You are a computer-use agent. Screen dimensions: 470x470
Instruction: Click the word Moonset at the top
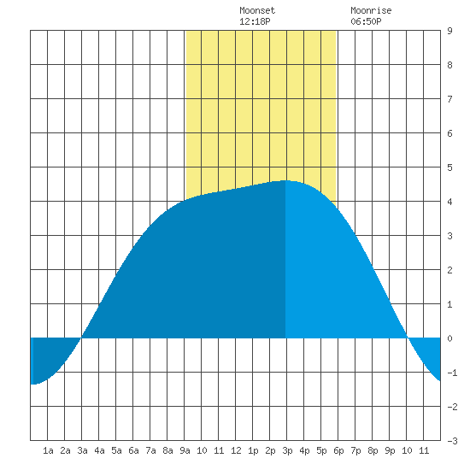[x=257, y=10]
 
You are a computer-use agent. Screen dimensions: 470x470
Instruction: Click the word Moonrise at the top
[x=371, y=10]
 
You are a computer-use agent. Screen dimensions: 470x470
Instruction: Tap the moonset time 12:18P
[x=255, y=21]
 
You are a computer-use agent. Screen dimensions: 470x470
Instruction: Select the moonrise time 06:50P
[x=366, y=21]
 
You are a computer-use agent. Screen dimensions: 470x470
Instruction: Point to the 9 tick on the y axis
[x=449, y=31]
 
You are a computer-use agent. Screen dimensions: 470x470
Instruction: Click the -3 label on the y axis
[x=452, y=441]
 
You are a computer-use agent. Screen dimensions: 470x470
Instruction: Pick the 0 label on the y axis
[x=449, y=338]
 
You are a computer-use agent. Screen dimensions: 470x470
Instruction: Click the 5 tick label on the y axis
[x=449, y=167]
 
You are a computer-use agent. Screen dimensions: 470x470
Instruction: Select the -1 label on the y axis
[x=452, y=373]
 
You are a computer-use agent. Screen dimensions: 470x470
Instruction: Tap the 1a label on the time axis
[x=48, y=450]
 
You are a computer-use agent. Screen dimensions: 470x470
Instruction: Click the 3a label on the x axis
[x=82, y=450]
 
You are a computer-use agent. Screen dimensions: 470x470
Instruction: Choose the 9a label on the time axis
[x=185, y=450]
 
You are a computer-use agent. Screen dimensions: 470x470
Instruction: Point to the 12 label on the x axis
[x=236, y=450]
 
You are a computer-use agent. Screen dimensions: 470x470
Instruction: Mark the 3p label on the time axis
[x=287, y=450]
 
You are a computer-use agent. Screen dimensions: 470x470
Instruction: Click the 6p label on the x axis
[x=338, y=450]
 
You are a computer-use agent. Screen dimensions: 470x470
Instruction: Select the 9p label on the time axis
[x=390, y=450]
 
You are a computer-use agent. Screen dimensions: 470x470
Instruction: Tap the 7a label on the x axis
[x=150, y=450]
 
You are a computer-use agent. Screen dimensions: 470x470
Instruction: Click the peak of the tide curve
[x=285, y=180]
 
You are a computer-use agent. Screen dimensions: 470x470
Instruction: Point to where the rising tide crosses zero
[x=81, y=338]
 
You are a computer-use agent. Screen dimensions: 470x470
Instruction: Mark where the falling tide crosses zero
[x=408, y=338]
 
